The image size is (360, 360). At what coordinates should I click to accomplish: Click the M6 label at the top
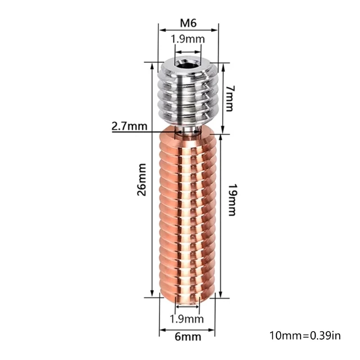[188, 22]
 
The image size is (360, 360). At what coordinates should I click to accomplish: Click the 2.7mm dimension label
[129, 126]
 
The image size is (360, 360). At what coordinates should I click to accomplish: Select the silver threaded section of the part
[188, 97]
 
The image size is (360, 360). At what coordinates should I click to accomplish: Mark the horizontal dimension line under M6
[188, 30]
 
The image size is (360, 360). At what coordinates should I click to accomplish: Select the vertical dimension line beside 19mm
[222, 216]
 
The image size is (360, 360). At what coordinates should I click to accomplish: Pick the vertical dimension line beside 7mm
[222, 97]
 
